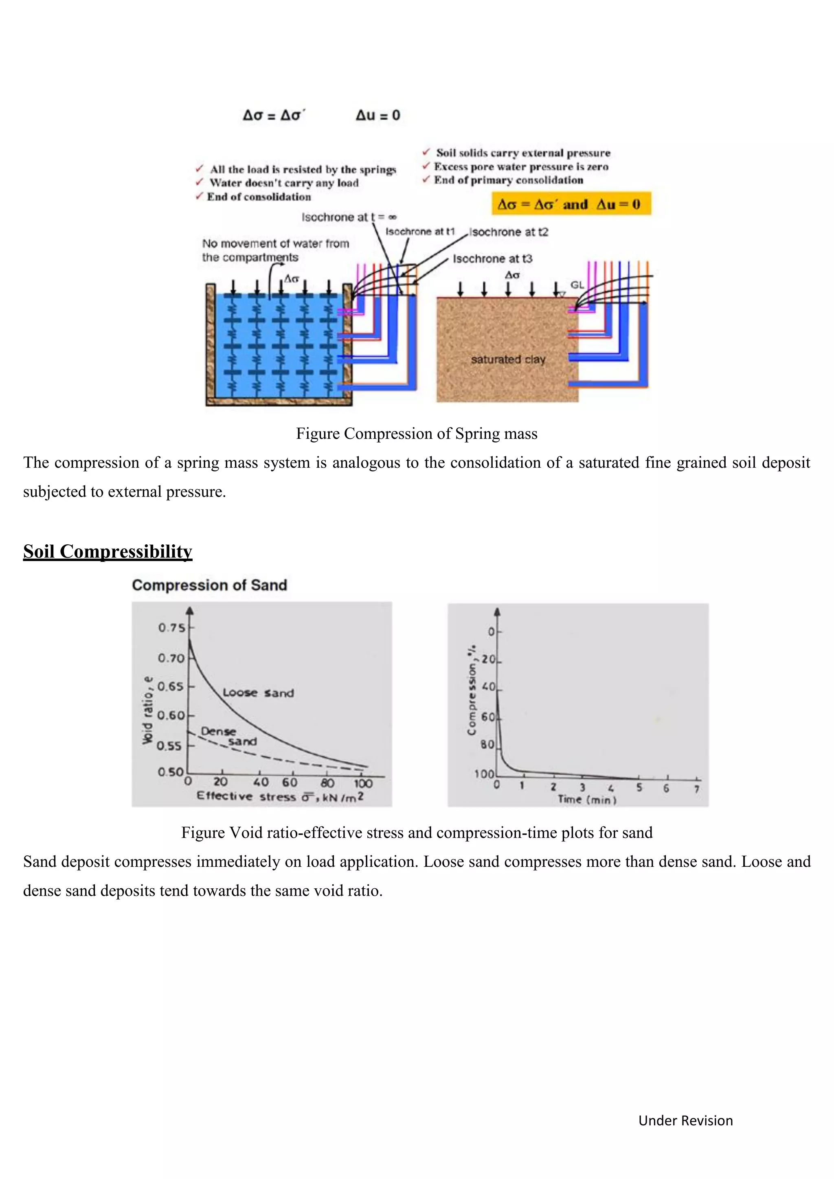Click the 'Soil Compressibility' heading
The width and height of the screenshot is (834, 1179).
(x=108, y=552)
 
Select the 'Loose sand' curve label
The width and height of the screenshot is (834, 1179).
(x=258, y=693)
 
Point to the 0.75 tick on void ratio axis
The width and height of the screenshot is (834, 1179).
(x=171, y=627)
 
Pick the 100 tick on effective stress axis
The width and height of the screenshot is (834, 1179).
(x=362, y=783)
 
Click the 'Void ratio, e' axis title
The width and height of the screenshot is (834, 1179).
(x=147, y=710)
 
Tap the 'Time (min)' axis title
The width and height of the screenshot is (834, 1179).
(x=587, y=799)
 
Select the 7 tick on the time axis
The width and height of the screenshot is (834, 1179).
(x=696, y=789)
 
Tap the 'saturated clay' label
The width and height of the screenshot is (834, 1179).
(x=508, y=359)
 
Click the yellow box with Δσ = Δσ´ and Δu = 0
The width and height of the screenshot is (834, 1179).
(x=571, y=204)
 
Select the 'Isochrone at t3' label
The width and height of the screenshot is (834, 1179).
(x=492, y=259)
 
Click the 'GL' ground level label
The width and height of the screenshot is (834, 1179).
(x=577, y=285)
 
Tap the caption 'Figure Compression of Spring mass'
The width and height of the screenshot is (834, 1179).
(x=417, y=434)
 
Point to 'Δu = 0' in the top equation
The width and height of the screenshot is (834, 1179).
(x=377, y=115)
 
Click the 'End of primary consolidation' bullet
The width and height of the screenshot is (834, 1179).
(x=508, y=180)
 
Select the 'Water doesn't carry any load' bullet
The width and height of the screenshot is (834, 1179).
(x=283, y=183)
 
